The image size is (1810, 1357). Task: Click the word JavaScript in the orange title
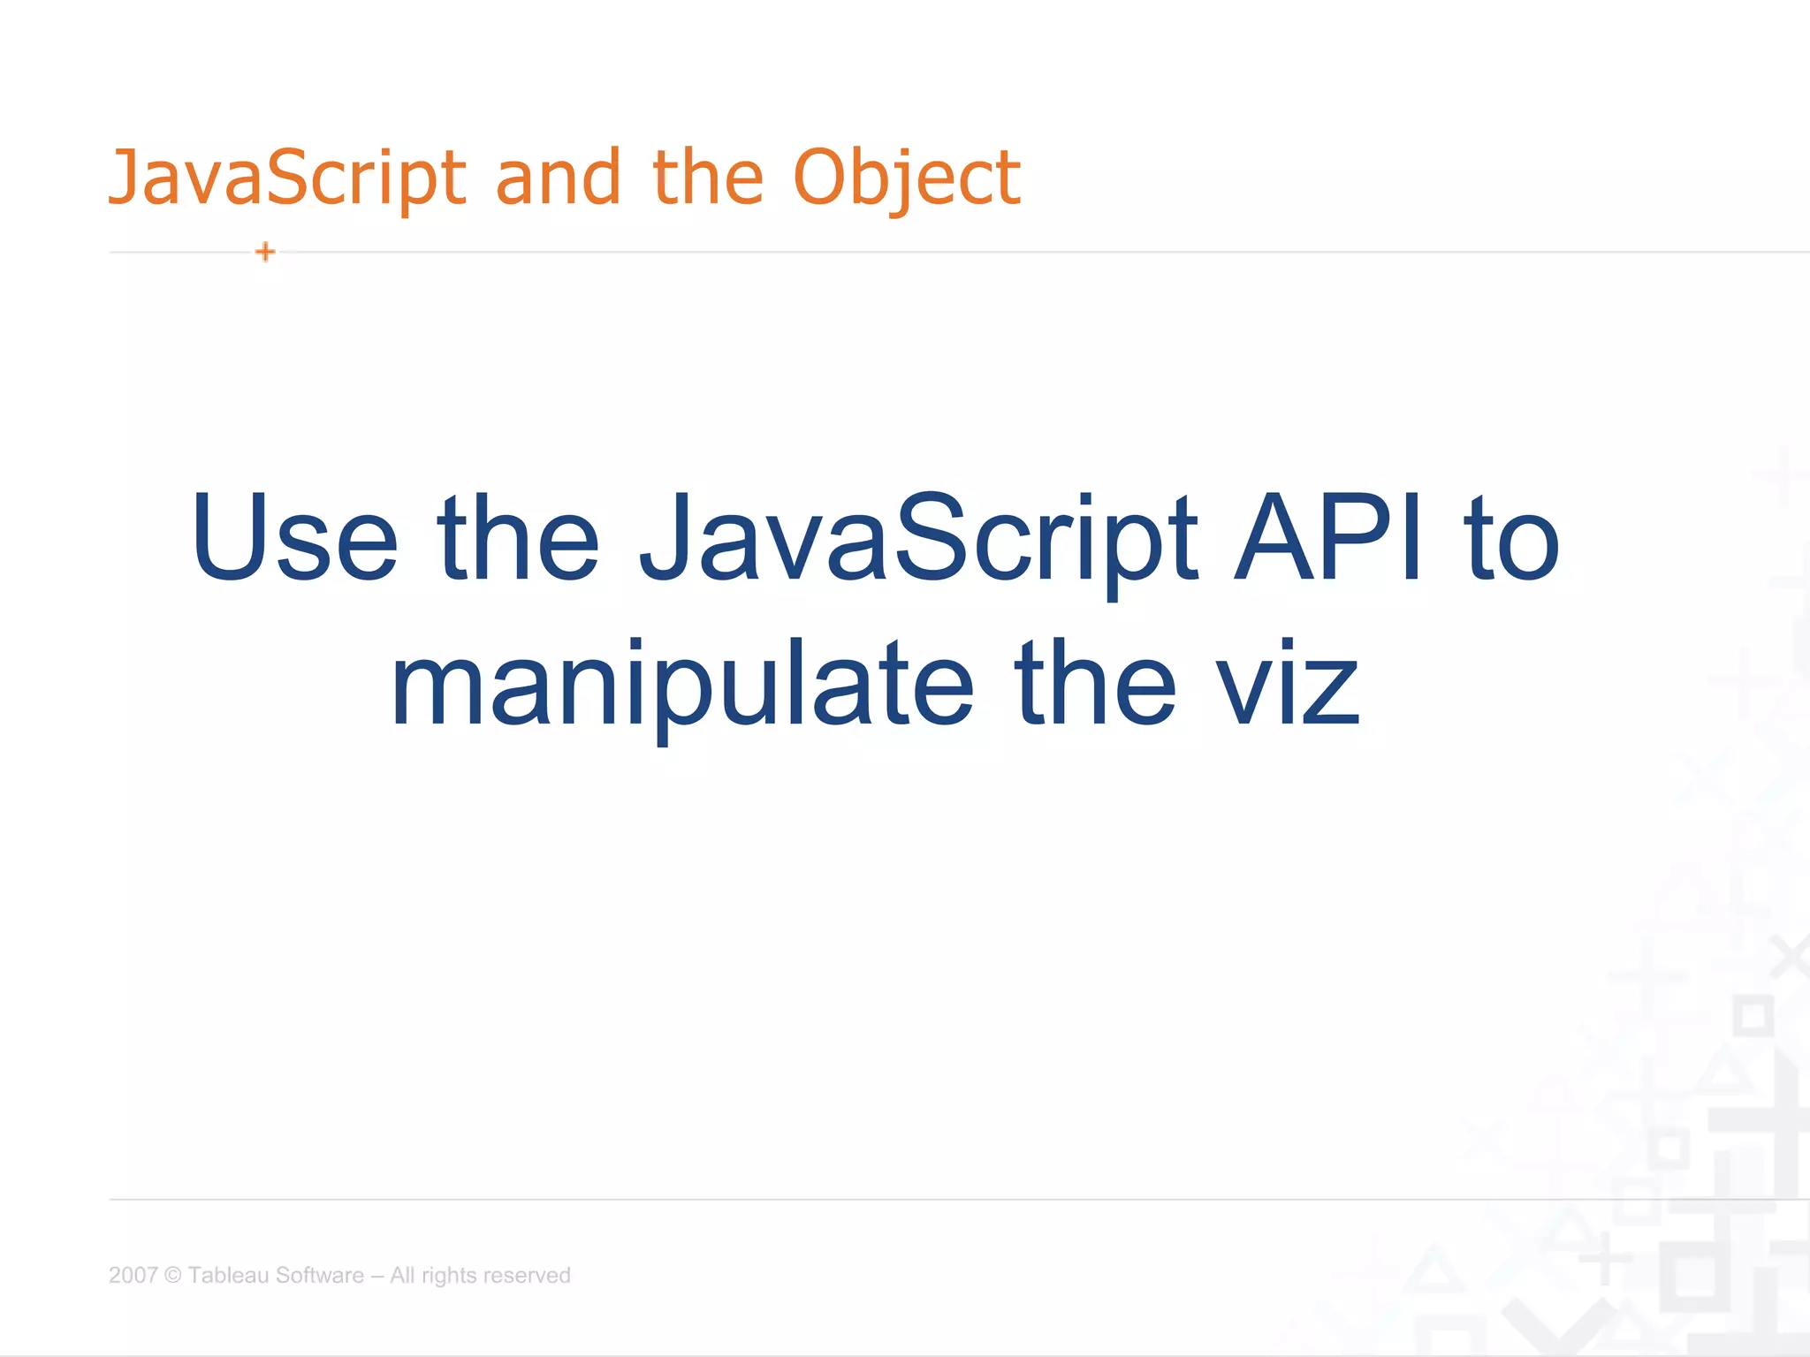pyautogui.click(x=286, y=178)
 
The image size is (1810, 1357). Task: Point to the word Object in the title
pyautogui.click(x=907, y=178)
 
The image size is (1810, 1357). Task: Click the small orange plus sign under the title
pyautogui.click(x=265, y=252)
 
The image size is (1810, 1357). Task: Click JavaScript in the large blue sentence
pyautogui.click(x=919, y=541)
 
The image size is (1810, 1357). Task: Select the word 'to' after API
pyautogui.click(x=1511, y=541)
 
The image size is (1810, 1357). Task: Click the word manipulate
pyautogui.click(x=681, y=686)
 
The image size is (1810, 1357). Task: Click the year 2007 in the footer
pyautogui.click(x=133, y=1275)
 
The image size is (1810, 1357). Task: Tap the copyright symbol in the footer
pyautogui.click(x=172, y=1275)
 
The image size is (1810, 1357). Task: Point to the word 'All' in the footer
pyautogui.click(x=402, y=1275)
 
